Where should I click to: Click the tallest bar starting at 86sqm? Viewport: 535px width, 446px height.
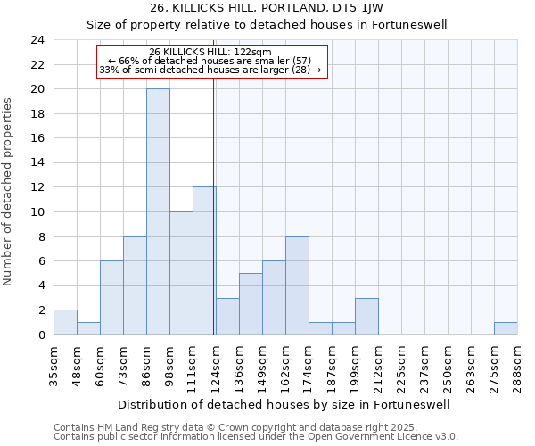pos(158,211)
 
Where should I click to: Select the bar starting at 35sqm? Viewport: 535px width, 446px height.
pos(65,322)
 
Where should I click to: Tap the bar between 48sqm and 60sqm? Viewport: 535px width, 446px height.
pos(88,328)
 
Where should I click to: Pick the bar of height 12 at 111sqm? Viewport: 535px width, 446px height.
pos(204,260)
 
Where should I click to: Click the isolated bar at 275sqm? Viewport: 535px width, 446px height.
pos(506,328)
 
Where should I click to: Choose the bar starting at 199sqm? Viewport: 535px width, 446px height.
pos(366,316)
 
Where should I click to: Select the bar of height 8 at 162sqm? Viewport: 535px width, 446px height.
pos(297,285)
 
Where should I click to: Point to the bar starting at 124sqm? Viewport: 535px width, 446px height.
pos(227,316)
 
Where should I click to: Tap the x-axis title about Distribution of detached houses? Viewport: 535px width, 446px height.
pos(284,404)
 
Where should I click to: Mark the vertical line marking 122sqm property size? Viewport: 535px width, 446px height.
pos(214,205)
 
